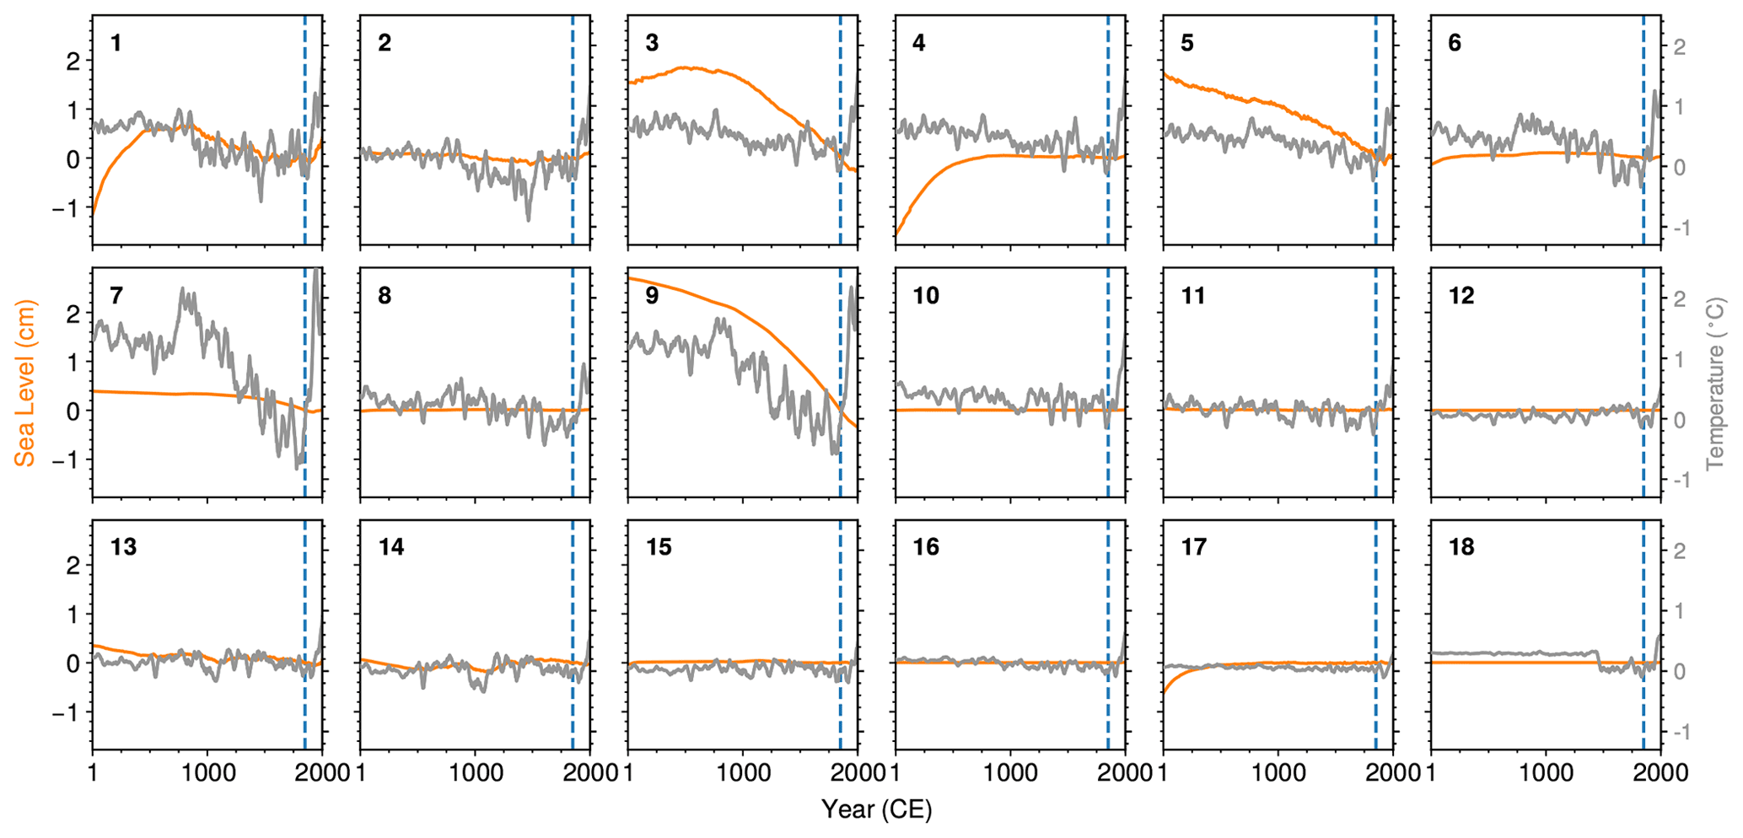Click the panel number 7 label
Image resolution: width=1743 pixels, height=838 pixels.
click(x=116, y=296)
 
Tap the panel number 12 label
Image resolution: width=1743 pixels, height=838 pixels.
click(x=1461, y=296)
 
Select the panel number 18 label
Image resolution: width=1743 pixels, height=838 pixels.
click(x=1461, y=547)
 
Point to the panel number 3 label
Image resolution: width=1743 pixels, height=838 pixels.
click(x=651, y=43)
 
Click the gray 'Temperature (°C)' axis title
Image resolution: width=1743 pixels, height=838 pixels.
click(x=1715, y=383)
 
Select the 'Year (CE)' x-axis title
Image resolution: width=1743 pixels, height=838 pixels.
click(x=876, y=810)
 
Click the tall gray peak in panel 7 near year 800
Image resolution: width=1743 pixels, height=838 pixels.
click(x=183, y=291)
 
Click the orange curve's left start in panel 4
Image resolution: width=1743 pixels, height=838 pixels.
click(x=897, y=234)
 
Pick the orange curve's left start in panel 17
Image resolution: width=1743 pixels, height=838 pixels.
click(x=1165, y=691)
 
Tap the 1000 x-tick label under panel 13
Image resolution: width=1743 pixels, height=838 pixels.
click(x=207, y=773)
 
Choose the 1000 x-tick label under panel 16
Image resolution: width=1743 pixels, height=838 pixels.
click(x=1010, y=773)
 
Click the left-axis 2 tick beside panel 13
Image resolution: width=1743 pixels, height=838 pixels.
click(x=73, y=566)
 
